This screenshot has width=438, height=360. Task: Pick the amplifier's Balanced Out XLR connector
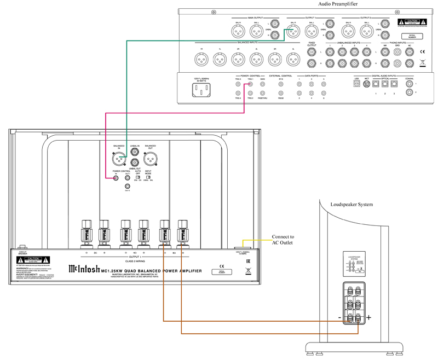tap(146, 160)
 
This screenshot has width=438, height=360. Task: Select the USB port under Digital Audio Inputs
tap(356, 85)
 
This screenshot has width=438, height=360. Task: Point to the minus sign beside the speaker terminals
tap(339, 317)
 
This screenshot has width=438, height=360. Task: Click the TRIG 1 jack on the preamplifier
tap(250, 85)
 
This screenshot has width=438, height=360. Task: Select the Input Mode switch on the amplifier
tap(148, 178)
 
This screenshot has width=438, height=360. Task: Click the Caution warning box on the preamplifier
tap(410, 25)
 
